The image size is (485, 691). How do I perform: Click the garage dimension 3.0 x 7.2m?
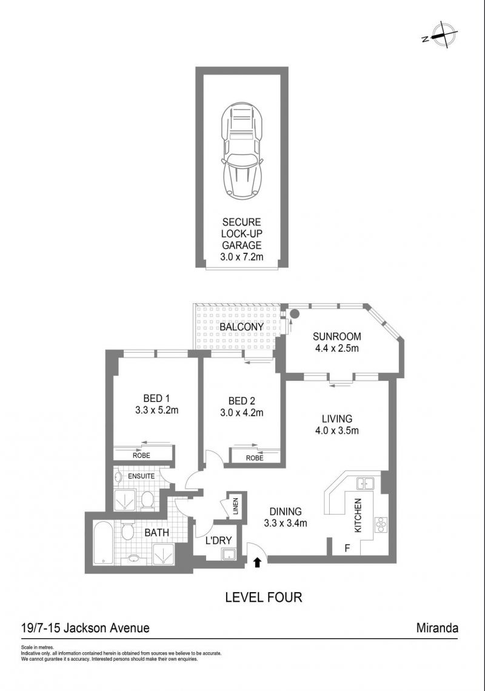point(242,256)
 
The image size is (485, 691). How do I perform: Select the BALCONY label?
point(242,327)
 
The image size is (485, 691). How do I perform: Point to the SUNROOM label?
point(337,336)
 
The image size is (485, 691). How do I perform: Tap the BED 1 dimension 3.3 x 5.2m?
point(156,410)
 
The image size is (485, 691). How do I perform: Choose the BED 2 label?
point(242,401)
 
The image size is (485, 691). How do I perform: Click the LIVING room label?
point(337,419)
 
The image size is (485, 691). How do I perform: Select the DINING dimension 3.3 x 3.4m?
point(286,524)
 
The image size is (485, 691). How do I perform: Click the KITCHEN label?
point(358,515)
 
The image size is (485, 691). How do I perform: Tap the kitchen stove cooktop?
point(380,524)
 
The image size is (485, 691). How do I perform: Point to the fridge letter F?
point(347,549)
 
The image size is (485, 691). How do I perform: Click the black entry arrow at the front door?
point(258,561)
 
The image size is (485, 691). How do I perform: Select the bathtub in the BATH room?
point(103,543)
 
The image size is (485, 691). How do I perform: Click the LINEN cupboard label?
point(235,506)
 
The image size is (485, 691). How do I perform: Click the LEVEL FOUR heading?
point(264,598)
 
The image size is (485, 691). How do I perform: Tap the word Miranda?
point(437,627)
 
